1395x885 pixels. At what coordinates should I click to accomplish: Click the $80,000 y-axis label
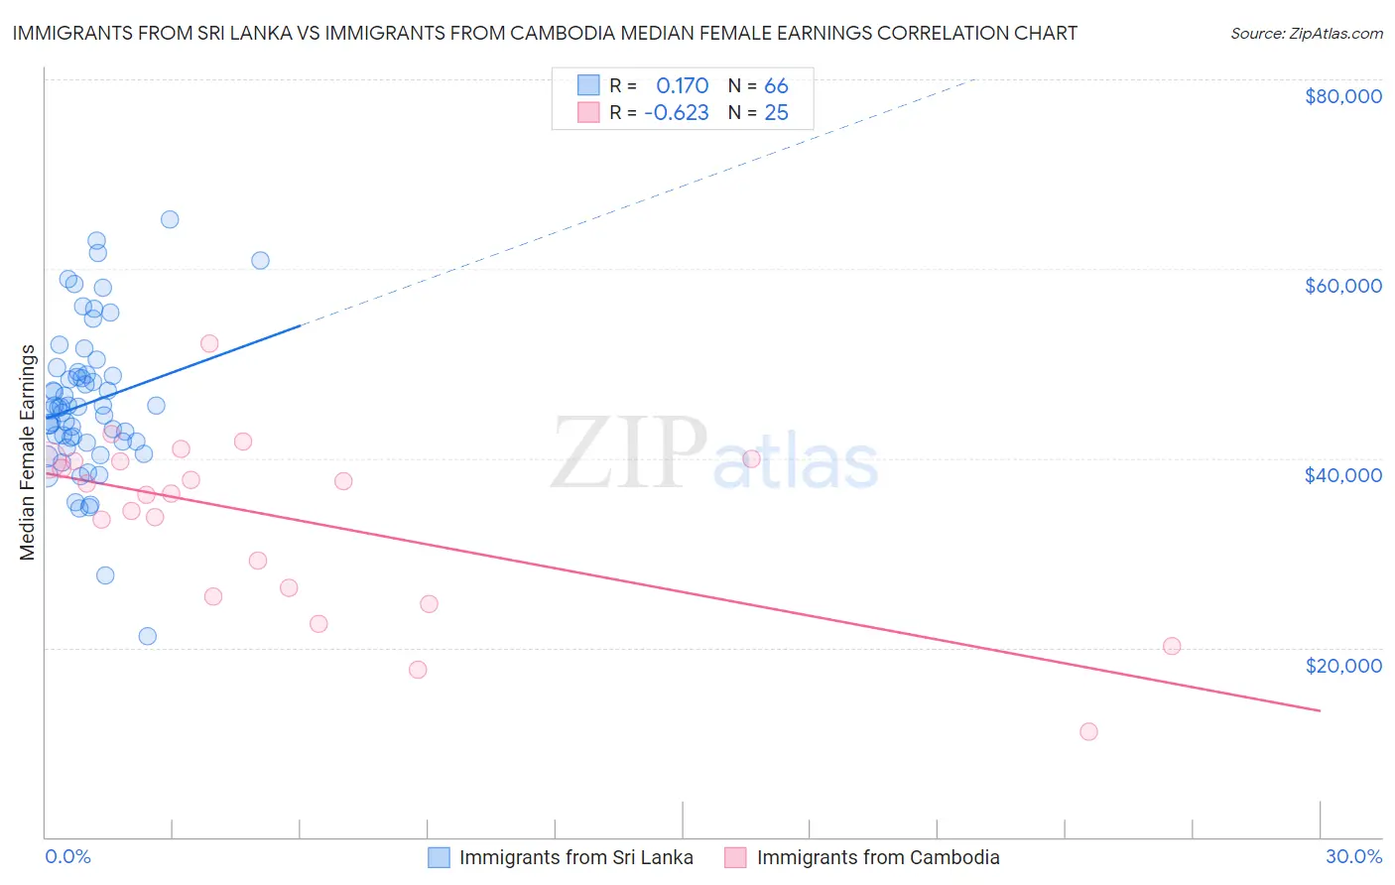1342,96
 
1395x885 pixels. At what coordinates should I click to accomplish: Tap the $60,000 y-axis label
1342,286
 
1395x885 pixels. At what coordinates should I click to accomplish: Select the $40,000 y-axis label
1342,475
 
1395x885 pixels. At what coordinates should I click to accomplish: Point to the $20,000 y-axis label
1342,666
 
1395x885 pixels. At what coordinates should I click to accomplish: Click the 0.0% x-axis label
67,857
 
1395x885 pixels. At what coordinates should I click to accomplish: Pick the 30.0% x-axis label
1353,857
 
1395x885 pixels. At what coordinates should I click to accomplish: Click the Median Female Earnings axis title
27,452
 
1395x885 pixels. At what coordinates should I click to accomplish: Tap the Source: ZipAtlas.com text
1306,34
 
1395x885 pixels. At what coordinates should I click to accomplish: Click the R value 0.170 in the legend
683,86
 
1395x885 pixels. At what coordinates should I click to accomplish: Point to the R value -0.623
677,113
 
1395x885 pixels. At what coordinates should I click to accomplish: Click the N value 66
776,86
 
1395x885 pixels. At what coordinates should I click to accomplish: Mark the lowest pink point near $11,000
1088,732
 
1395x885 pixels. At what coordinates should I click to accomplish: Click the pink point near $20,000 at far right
1172,646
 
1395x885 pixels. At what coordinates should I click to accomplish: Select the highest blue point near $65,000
170,220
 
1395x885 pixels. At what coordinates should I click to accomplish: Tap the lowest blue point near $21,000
148,636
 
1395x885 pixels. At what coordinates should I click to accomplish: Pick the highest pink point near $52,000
209,344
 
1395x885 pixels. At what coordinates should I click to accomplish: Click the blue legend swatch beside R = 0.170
588,85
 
